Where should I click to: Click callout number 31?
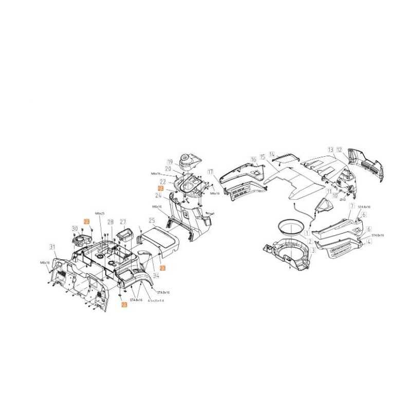(x=52, y=247)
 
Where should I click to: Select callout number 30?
(x=74, y=229)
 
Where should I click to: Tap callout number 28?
(x=110, y=222)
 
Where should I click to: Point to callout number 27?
(x=123, y=222)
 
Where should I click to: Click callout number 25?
(x=152, y=220)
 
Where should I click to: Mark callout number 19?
(x=169, y=162)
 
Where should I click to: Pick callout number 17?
(x=210, y=172)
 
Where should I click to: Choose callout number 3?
(x=313, y=250)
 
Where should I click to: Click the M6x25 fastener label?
(x=100, y=213)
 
